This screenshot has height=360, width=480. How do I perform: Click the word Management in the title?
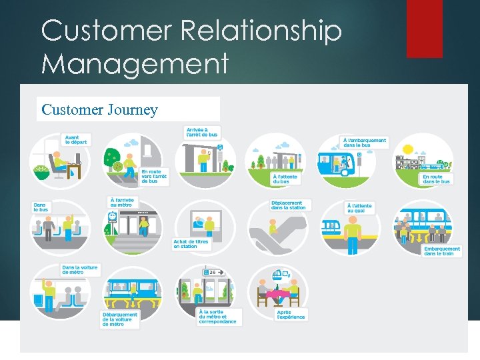pos(135,64)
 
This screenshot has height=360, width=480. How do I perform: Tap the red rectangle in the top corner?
pos(424,28)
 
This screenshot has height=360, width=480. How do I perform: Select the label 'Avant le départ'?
pos(76,140)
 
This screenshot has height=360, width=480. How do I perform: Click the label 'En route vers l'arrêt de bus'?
pos(153,176)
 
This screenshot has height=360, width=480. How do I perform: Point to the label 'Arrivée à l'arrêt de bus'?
pos(202,131)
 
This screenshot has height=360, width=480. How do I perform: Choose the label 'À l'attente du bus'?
pos(285,179)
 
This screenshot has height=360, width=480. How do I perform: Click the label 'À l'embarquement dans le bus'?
pos(365,143)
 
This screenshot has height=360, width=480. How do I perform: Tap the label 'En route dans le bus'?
pos(437,179)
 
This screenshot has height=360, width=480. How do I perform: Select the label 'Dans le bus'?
pos(41,207)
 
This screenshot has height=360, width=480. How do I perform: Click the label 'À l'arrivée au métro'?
pos(123,201)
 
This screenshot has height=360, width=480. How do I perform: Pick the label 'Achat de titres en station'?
pos(191,244)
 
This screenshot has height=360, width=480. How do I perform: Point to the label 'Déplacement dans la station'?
pos(288,205)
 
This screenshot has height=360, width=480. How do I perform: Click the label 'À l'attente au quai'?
pos(359,208)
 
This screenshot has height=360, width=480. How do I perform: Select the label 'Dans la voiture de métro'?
pos(80,269)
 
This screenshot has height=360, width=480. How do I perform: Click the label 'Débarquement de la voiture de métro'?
pos(120,319)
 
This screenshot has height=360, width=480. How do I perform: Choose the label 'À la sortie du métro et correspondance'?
pos(217,316)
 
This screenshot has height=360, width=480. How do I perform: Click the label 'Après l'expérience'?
pos(291,314)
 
